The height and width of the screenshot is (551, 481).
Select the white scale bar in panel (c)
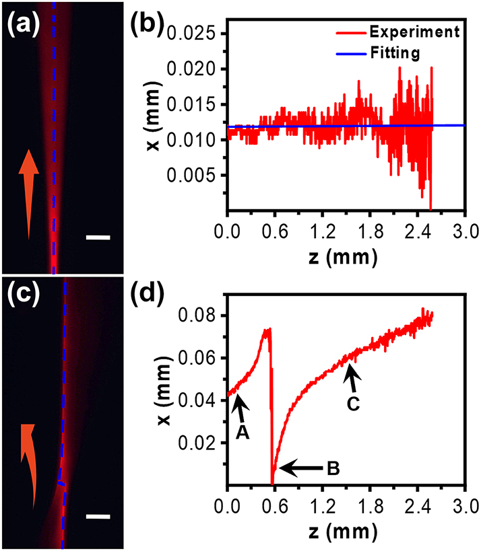(x=98, y=517)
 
